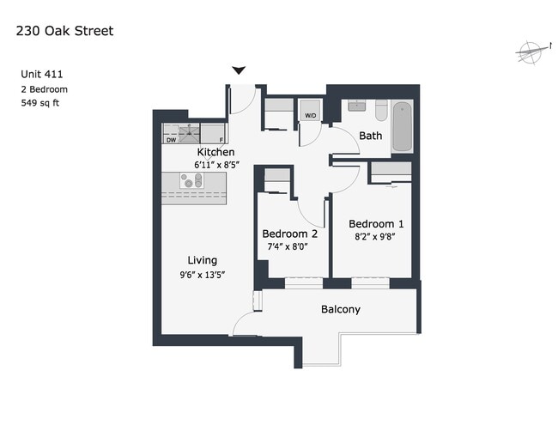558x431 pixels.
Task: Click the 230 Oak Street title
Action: tap(64, 31)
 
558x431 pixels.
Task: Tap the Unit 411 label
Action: tap(42, 74)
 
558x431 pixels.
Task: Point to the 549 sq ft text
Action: tap(39, 103)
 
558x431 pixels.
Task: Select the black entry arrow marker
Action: tap(239, 70)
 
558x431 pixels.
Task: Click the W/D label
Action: tap(310, 116)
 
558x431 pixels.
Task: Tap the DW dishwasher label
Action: tap(171, 140)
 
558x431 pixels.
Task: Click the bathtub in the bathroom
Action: tap(403, 127)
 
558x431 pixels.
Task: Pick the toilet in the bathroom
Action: tap(381, 110)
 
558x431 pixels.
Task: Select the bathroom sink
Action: tap(356, 106)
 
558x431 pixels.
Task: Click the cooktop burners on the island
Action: tap(191, 180)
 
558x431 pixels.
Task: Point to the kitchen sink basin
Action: tap(189, 135)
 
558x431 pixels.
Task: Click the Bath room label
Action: tap(371, 136)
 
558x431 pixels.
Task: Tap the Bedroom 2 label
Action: tap(289, 234)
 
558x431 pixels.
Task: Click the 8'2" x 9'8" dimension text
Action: tap(375, 236)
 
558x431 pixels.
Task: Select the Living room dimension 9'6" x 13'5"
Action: tap(203, 275)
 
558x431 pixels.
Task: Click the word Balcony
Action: tap(341, 309)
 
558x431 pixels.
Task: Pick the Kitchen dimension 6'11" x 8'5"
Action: tap(216, 165)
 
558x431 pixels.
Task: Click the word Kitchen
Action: tap(215, 152)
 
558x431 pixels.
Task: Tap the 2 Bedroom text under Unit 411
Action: tap(44, 89)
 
